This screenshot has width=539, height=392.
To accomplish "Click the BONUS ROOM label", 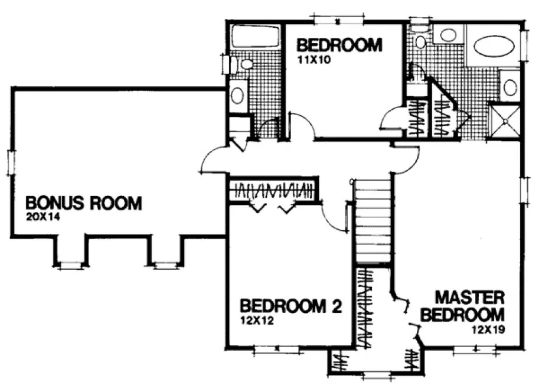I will (x=83, y=204).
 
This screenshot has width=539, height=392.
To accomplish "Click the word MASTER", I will (x=469, y=296).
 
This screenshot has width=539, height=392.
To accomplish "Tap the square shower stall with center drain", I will (x=505, y=122).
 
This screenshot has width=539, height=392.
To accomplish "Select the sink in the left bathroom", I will (x=238, y=94).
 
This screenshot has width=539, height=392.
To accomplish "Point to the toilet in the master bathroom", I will (x=420, y=41).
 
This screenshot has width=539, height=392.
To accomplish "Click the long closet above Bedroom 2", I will (x=273, y=191).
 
